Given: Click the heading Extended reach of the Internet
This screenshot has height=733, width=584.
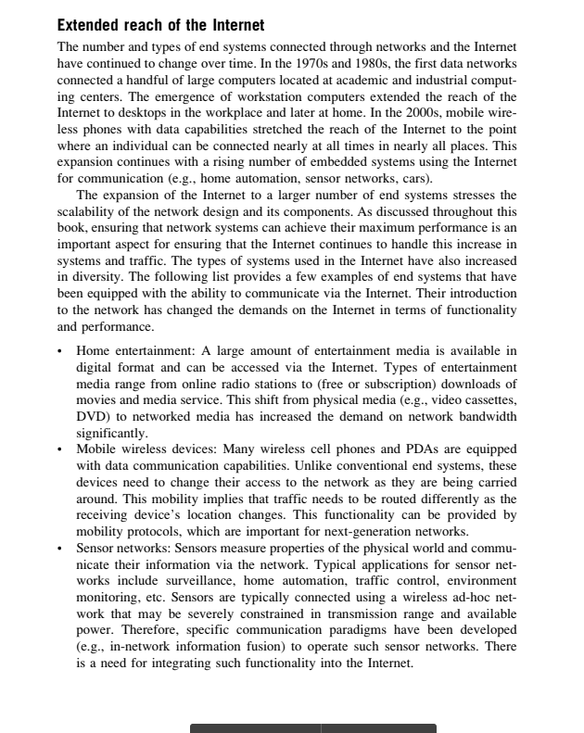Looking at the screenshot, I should [x=160, y=25].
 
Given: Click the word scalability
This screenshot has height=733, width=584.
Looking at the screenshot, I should [x=95, y=210].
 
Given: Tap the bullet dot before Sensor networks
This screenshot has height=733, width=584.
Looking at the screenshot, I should [x=60, y=546].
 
